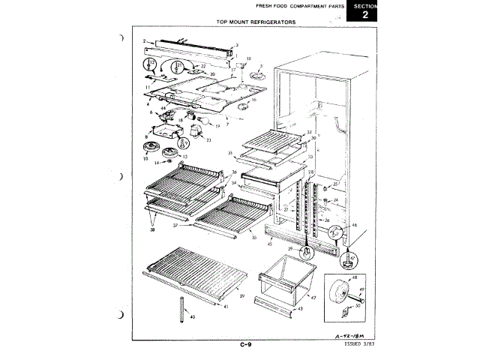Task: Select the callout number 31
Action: coord(232,153)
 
